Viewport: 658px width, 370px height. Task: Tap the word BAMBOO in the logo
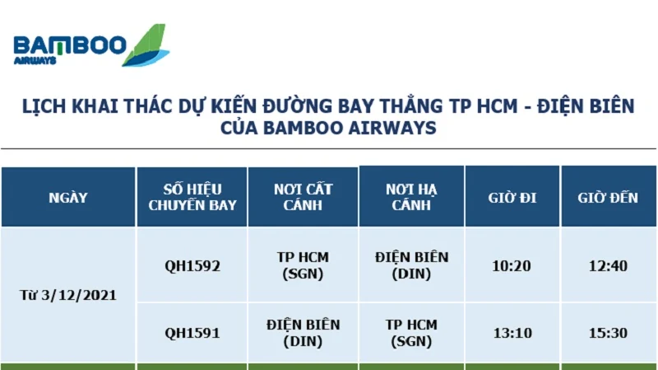70,45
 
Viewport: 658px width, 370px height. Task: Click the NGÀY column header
68,198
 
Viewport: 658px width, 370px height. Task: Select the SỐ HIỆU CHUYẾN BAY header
192,197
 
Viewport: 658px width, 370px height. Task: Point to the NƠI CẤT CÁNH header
303,197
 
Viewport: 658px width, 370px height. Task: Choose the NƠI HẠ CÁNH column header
411,197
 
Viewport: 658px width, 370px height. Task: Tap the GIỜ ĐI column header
512,198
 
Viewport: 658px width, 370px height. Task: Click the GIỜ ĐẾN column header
608,198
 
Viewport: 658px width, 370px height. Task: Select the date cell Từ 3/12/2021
68,295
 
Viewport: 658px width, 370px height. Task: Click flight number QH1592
192,265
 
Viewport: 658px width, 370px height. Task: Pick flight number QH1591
192,333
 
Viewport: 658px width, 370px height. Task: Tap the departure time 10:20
512,265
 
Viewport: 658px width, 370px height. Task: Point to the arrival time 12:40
608,265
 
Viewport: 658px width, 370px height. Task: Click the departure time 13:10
512,333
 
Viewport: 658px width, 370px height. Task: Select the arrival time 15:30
608,333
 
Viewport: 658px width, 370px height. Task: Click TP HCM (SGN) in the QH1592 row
303,265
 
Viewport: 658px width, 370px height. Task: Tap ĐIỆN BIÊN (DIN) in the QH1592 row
412,265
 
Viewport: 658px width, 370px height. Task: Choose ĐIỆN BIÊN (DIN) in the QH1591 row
303,333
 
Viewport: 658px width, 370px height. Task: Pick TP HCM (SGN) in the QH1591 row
411,333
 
